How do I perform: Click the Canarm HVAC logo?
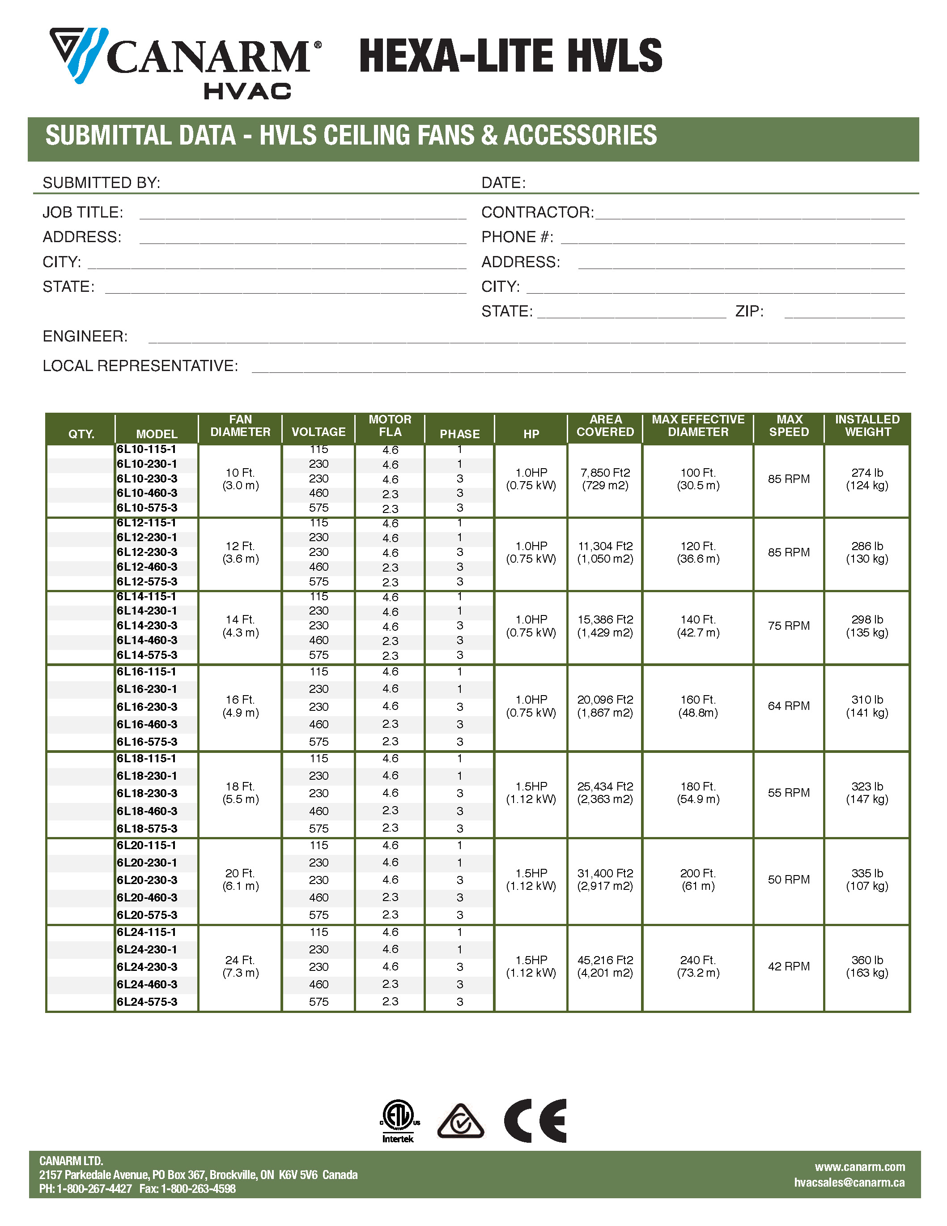click(x=185, y=63)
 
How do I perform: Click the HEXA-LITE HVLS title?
click(x=510, y=56)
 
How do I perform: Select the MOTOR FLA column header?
click(x=390, y=426)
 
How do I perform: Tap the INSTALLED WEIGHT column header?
click(x=867, y=426)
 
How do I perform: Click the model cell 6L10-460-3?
click(x=147, y=493)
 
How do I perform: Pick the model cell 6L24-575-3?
click(x=147, y=1002)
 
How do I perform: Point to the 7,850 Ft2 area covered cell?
click(x=605, y=479)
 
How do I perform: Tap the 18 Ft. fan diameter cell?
click(x=240, y=793)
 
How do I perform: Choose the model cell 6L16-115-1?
click(x=147, y=672)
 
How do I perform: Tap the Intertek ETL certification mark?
click(x=398, y=1121)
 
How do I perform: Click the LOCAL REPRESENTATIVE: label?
click(x=140, y=366)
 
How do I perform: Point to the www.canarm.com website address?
click(x=859, y=1167)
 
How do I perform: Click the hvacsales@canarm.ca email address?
click(x=849, y=1182)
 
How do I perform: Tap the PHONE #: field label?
click(x=517, y=237)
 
